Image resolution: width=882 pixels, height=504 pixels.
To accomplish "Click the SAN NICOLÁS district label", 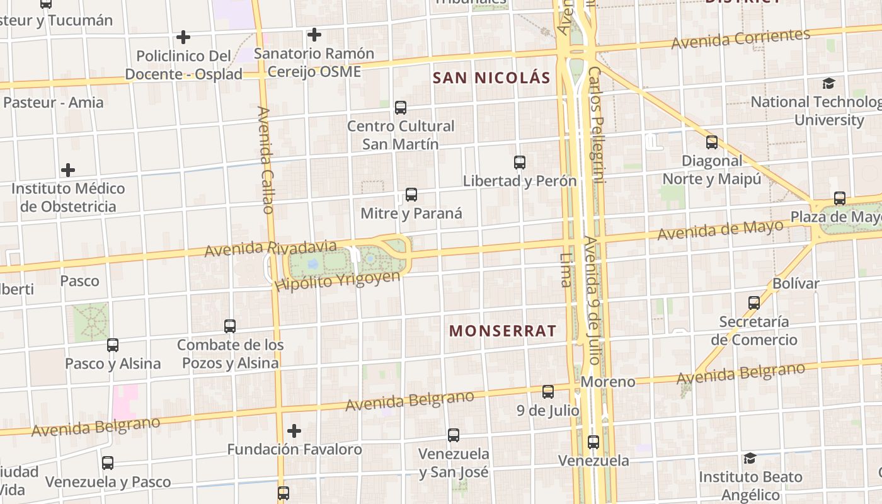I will click(x=491, y=78).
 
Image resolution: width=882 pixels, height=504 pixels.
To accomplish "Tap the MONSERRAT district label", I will click(x=503, y=331).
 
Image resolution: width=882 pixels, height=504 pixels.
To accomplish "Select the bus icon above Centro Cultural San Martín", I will click(x=401, y=108).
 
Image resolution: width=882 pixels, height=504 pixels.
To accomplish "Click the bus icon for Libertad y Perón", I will click(x=520, y=163).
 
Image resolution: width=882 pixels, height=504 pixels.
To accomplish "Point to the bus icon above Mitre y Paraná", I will click(x=411, y=195).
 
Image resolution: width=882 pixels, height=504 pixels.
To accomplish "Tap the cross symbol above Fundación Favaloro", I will click(x=294, y=431).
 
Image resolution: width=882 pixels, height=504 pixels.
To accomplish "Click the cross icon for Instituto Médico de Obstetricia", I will click(x=68, y=170).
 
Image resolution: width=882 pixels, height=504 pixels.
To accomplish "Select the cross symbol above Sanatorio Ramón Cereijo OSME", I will click(x=314, y=35).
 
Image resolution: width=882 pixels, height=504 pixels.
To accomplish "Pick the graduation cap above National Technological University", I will click(x=829, y=83).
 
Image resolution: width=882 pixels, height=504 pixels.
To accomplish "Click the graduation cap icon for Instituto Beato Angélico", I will click(x=750, y=458).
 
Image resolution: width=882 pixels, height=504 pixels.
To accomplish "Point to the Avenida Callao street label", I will click(x=266, y=160).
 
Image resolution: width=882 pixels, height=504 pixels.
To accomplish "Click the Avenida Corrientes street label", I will click(x=740, y=39).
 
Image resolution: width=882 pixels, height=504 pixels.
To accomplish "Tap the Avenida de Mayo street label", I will click(x=721, y=230).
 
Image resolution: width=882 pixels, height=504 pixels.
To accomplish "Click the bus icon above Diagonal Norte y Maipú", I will click(x=712, y=142).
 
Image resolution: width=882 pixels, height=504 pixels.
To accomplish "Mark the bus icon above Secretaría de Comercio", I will click(x=754, y=303).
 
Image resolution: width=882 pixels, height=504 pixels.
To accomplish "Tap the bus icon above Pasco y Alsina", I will click(x=113, y=345).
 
